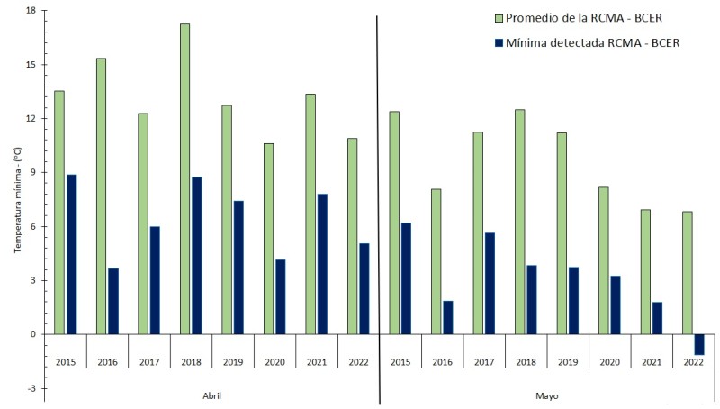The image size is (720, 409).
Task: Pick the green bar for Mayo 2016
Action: (436, 261)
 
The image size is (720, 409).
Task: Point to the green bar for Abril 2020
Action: (268, 239)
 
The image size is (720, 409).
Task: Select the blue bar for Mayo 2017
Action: (490, 283)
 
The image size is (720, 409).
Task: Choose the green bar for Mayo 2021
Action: (645, 271)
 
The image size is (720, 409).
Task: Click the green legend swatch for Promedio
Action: (499, 18)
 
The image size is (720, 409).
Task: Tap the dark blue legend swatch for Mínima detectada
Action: (499, 42)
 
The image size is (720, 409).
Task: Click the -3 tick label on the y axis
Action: (31, 388)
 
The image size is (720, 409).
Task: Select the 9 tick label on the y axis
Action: (32, 173)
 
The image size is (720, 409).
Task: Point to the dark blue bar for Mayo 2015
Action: (406, 278)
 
